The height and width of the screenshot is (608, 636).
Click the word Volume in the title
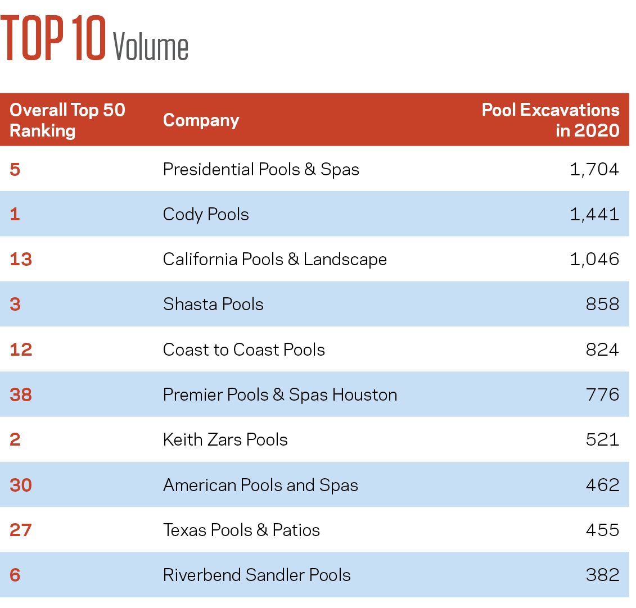pos(151,47)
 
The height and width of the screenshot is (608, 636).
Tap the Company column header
pos(201,120)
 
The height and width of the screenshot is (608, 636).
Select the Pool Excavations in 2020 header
pos(551,120)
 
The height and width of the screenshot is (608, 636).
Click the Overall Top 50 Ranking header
pos(67,120)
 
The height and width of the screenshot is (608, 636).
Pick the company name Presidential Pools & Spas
pos(261,169)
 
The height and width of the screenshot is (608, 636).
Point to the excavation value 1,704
pos(594,169)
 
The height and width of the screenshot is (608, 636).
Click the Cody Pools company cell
pos(206,214)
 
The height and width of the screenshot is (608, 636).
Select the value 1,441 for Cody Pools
pos(594,214)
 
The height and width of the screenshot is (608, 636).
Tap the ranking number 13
pos(21,259)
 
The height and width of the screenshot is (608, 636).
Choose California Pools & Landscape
pos(275,259)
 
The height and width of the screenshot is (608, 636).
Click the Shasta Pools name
pos(213,304)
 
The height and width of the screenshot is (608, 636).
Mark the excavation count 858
pos(602,304)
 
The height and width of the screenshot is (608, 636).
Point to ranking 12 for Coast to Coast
pos(21,350)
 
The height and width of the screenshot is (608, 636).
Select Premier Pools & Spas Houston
pos(280,394)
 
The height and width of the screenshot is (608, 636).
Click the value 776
pos(602,394)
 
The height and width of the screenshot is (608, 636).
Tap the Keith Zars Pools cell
pos(225,439)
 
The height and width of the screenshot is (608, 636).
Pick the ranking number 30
pos(21,485)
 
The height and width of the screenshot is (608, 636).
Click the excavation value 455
pos(602,530)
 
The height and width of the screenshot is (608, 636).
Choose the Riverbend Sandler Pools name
pos(257,575)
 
